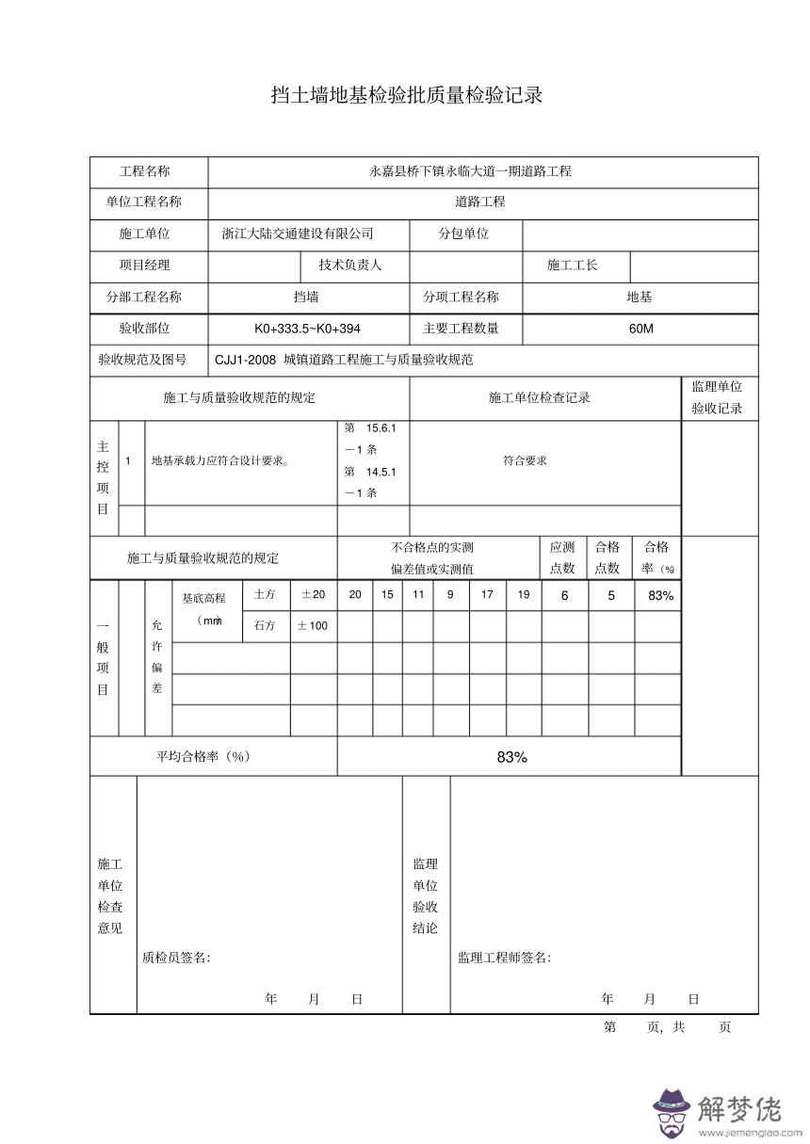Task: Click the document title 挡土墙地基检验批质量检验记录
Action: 406,96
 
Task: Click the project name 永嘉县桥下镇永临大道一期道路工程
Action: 469,171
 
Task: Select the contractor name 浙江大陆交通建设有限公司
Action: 297,234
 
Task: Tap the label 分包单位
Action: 463,234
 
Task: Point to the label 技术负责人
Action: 350,265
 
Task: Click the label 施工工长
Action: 572,265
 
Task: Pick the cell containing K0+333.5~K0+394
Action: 307,329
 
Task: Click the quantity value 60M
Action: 640,329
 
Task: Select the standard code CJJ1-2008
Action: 245,360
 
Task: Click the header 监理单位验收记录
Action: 718,397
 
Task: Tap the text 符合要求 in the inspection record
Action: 525,460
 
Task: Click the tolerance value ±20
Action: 313,594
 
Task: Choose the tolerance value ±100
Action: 313,625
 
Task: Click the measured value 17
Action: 487,594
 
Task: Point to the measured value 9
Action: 450,594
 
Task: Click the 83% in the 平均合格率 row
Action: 511,757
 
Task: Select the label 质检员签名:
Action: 176,958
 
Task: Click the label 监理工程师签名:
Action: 504,958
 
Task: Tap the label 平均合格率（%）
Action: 202,757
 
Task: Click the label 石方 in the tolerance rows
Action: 264,625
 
